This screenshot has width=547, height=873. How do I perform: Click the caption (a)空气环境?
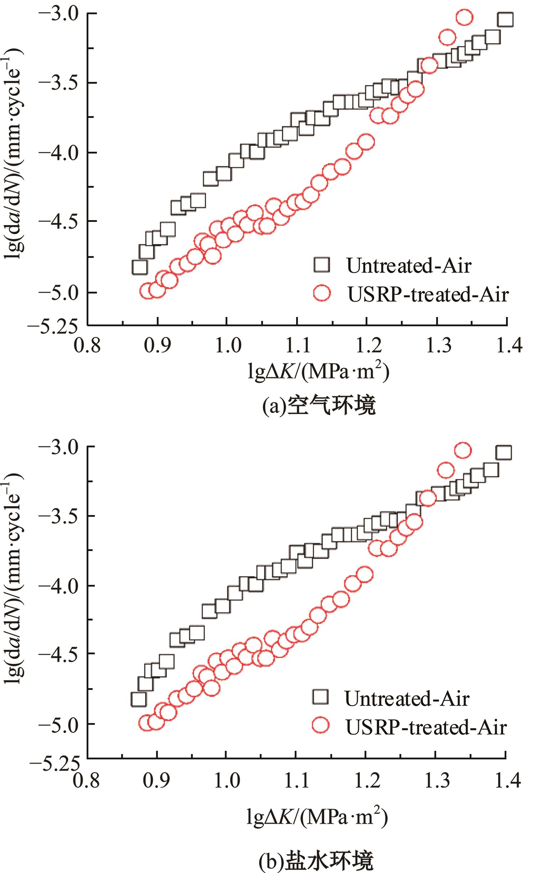point(319,406)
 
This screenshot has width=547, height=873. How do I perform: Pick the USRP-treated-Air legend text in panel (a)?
point(428,294)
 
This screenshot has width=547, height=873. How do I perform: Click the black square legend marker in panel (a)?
point(322,265)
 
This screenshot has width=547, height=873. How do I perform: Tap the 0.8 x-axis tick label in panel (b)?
point(86,780)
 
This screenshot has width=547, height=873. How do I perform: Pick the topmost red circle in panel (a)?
point(465,17)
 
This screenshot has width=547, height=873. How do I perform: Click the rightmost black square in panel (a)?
point(505,20)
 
